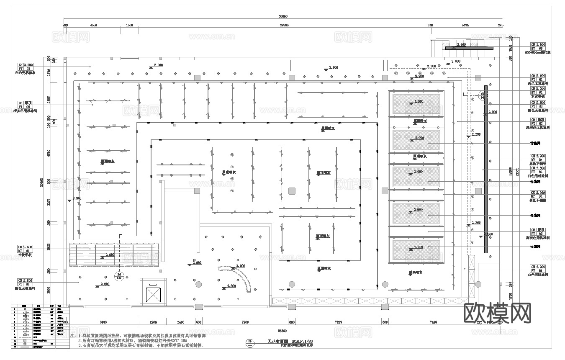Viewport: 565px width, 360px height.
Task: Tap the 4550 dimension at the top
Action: pos(93,25)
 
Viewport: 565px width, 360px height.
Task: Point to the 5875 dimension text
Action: pos(465,25)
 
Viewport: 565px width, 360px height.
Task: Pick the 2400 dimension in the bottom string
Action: pos(180,322)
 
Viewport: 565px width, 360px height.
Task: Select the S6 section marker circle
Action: pos(118,275)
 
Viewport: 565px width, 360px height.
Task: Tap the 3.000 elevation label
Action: pos(240,266)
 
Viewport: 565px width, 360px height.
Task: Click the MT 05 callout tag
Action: pos(538,49)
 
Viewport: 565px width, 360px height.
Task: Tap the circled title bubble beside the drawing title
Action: pos(250,342)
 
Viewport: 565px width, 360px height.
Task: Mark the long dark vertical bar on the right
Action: pos(486,169)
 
